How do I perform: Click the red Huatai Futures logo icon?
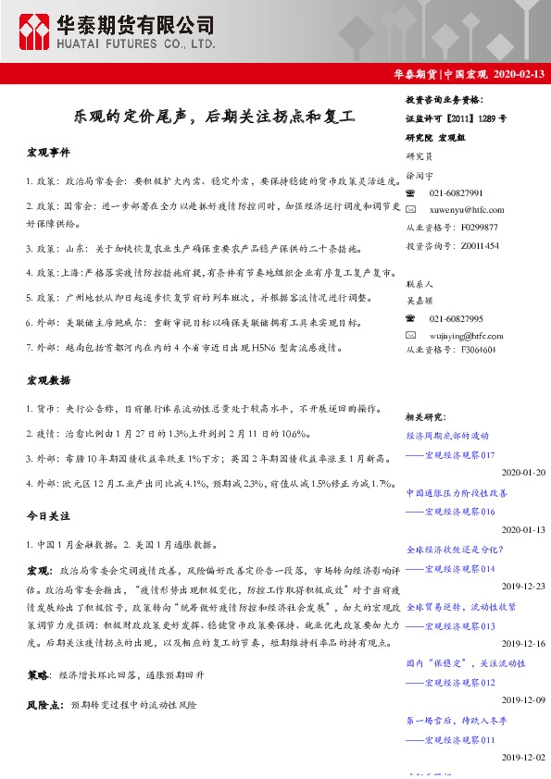pyautogui.click(x=37, y=32)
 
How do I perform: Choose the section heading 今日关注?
pyautogui.click(x=48, y=514)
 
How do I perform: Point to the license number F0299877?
pyautogui.click(x=480, y=228)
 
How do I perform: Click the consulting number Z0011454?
pyautogui.click(x=480, y=245)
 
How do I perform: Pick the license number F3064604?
pyautogui.click(x=480, y=351)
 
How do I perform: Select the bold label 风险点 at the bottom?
pyautogui.click(x=44, y=704)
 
